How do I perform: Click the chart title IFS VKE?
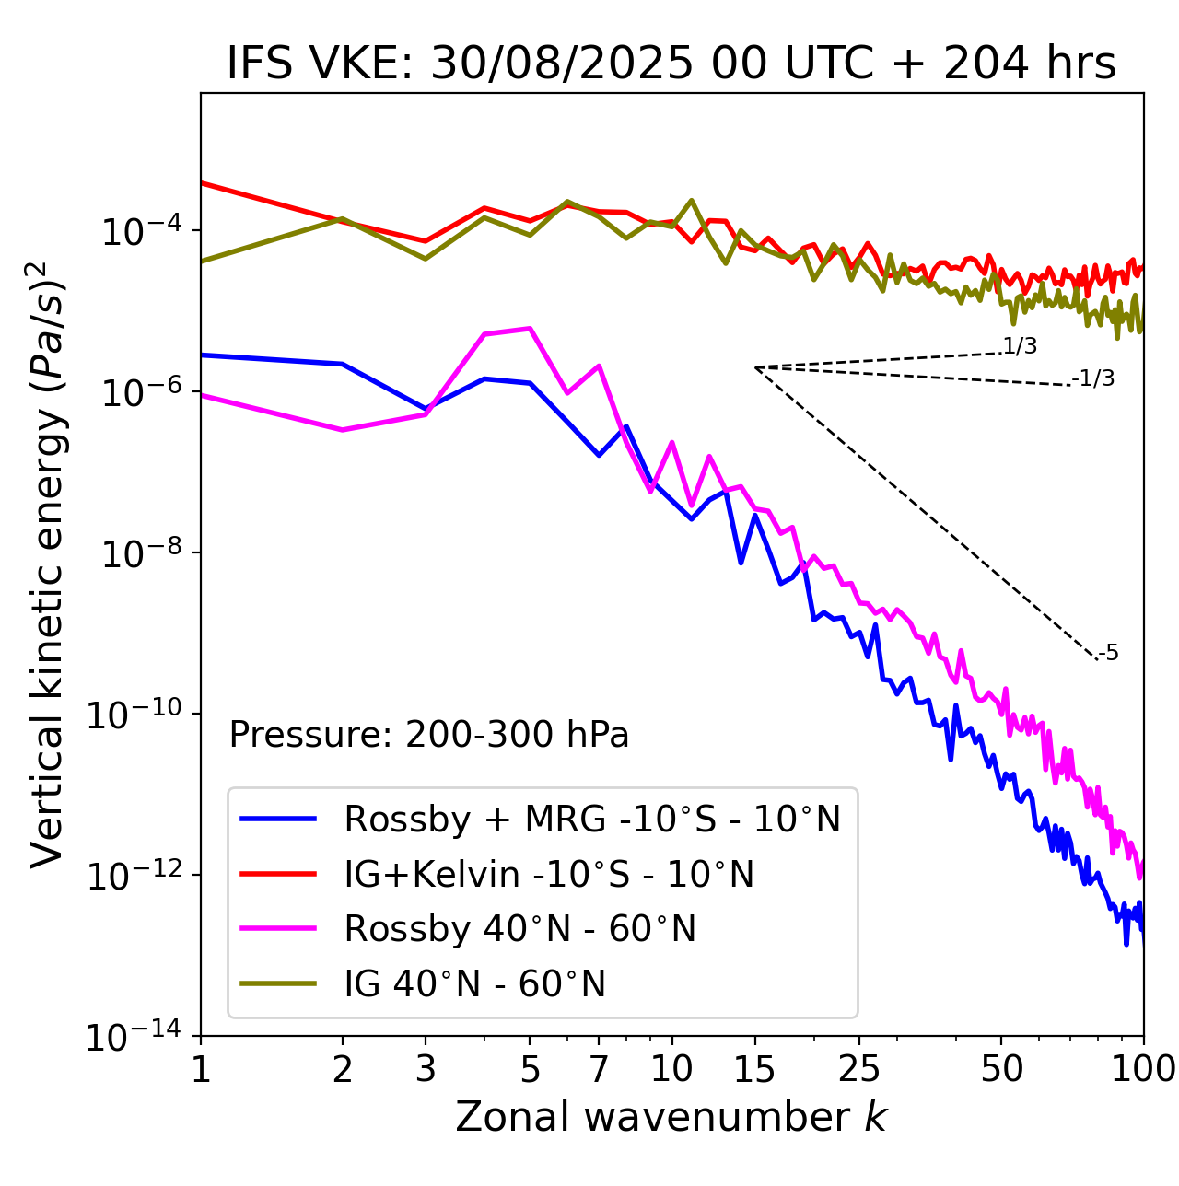(x=671, y=64)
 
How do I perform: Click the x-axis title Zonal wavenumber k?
(x=671, y=1117)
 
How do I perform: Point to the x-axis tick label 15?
(x=755, y=1069)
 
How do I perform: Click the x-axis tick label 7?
(x=599, y=1069)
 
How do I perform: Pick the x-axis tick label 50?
(x=1001, y=1069)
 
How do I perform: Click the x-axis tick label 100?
(x=1143, y=1069)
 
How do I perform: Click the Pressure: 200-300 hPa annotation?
(x=429, y=735)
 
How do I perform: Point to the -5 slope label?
(x=1109, y=654)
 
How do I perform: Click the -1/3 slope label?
(x=1094, y=378)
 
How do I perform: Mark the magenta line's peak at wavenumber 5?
(x=530, y=328)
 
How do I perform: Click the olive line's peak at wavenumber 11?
(x=692, y=200)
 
